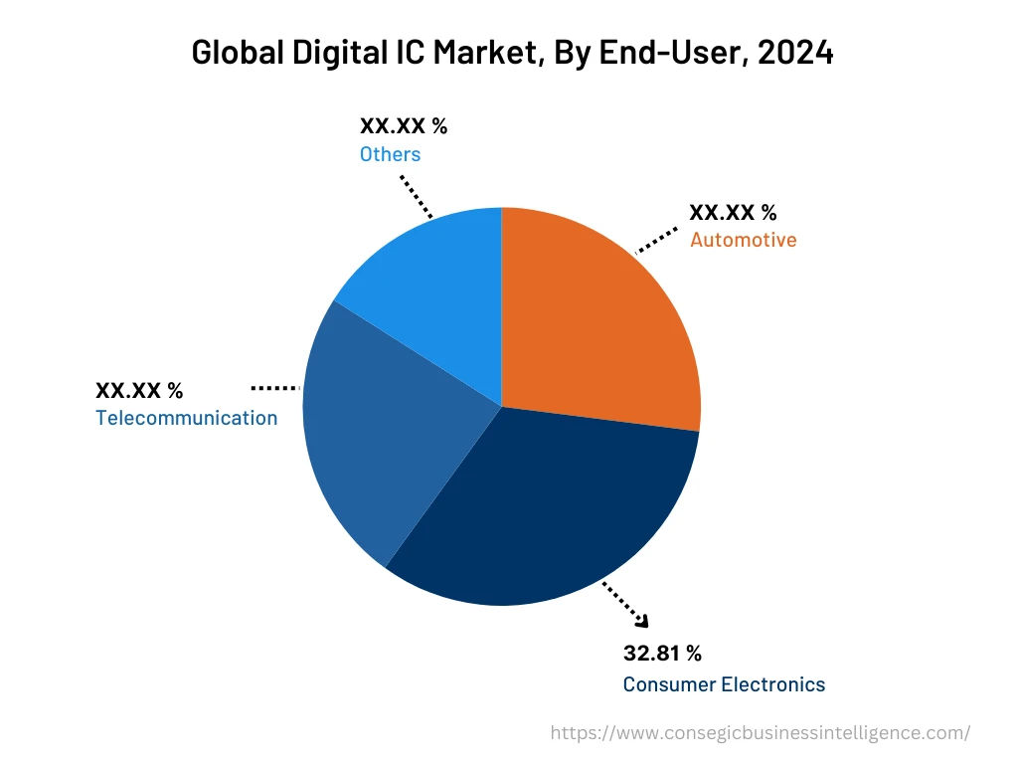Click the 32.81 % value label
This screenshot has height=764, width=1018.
pyautogui.click(x=662, y=654)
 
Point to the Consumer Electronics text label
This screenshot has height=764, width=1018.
pyautogui.click(x=724, y=684)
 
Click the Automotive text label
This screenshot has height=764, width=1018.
pyautogui.click(x=743, y=240)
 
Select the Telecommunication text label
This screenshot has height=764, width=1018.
pyautogui.click(x=187, y=418)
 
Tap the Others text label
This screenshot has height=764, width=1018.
pyautogui.click(x=390, y=154)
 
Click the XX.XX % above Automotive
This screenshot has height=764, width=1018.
pyautogui.click(x=733, y=212)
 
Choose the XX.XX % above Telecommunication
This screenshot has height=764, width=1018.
pyautogui.click(x=139, y=390)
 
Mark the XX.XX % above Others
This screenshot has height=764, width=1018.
pyautogui.click(x=403, y=125)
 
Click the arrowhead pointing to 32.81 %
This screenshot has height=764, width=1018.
pyautogui.click(x=641, y=622)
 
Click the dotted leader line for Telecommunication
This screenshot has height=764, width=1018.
pyautogui.click(x=275, y=387)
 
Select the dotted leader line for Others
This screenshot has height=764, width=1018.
pyautogui.click(x=417, y=197)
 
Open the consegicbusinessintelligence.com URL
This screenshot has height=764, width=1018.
pyautogui.click(x=761, y=733)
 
